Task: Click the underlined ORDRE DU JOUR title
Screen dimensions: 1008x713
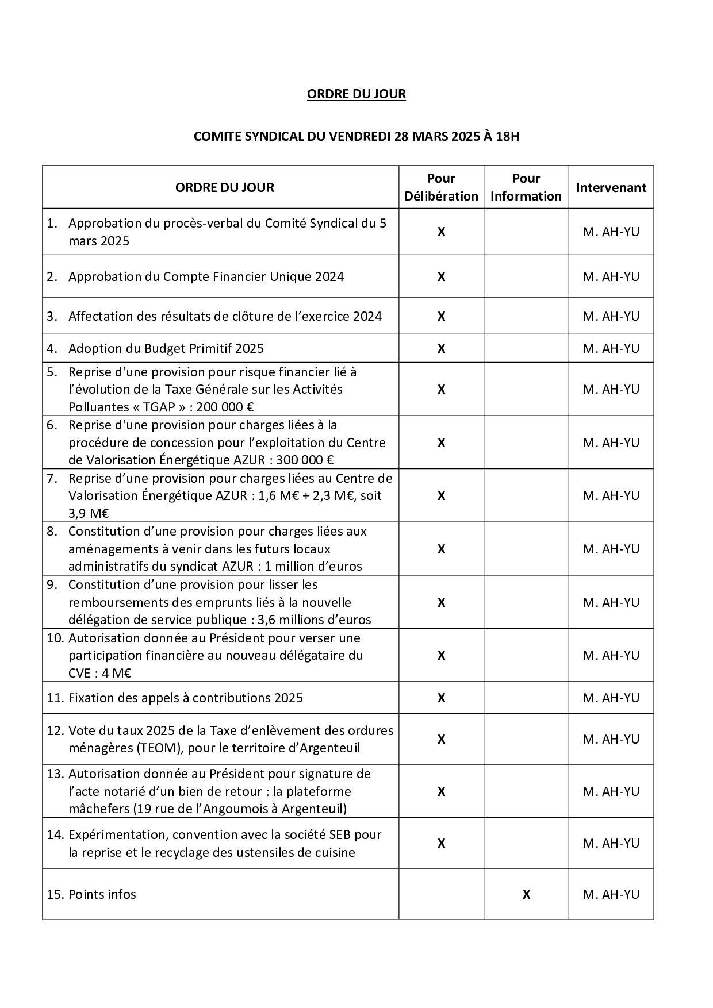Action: point(356,94)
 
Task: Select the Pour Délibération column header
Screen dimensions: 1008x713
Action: point(441,187)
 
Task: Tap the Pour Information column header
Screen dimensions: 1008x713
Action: point(526,187)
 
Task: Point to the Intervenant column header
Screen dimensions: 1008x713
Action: point(611,187)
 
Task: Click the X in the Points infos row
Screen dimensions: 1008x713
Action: point(526,894)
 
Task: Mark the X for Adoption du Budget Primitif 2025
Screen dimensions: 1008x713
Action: point(441,348)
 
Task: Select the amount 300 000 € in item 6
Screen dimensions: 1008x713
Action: point(305,460)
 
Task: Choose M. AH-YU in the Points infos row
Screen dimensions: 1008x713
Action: point(611,894)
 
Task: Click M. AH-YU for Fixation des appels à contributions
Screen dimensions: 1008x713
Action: point(611,698)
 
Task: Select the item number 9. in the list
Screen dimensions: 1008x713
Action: point(52,585)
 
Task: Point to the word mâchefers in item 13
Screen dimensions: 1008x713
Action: point(98,809)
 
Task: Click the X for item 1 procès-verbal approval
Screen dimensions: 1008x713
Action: point(441,232)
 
